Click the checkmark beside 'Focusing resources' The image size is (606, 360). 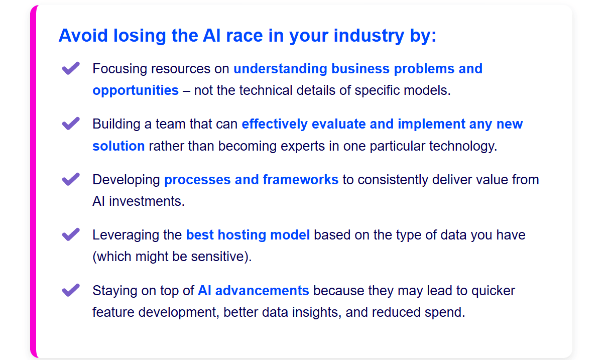[70, 69]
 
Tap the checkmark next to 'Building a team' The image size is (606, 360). [70, 124]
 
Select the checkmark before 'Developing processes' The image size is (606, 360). [70, 180]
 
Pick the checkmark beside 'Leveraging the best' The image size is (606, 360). [70, 235]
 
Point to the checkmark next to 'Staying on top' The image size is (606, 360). [70, 291]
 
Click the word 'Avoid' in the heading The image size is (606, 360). [83, 36]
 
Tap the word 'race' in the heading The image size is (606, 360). [245, 36]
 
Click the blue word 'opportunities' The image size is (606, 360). [136, 90]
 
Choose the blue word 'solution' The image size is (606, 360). [118, 146]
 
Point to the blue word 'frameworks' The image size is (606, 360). [301, 180]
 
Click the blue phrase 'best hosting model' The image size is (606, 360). [248, 235]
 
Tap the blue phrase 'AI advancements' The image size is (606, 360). [253, 291]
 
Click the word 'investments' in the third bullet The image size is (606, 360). [147, 201]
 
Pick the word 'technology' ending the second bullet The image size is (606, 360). [463, 146]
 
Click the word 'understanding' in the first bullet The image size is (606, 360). [280, 69]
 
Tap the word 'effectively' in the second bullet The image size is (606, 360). [275, 125]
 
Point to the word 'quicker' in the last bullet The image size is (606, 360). [493, 291]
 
